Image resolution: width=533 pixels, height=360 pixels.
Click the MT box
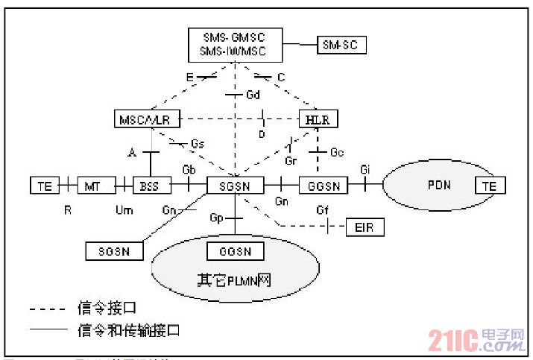pos(93,184)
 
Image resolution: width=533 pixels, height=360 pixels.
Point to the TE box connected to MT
pos(45,184)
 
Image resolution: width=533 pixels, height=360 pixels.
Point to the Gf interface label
pos(322,210)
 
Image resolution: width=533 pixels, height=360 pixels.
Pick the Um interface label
pos(124,211)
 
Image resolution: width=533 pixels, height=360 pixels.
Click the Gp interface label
pos(217,218)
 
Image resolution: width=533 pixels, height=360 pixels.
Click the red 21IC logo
pos(477,341)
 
